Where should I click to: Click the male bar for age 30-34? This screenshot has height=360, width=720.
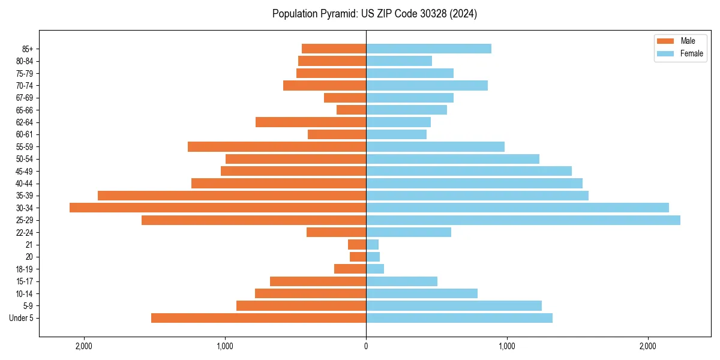coord(218,208)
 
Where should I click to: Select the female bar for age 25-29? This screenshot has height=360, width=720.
coord(523,220)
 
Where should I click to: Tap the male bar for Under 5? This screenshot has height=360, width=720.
coord(259,318)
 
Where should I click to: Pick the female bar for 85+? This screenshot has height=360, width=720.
coord(428,49)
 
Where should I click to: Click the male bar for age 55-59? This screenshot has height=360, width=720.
coord(277,146)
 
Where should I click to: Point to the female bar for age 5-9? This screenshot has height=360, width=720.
coord(454,305)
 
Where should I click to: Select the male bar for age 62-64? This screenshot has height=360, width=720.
coord(311,122)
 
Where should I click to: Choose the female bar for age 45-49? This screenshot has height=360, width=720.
coord(469,171)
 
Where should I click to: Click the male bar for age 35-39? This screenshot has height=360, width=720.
coord(232,196)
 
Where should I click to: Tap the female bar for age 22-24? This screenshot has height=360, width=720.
coord(409,232)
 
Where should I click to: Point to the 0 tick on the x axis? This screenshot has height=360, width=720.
coord(366,346)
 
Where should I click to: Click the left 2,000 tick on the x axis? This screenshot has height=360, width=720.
coord(83,346)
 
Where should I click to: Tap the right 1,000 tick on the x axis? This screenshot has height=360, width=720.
coord(507,346)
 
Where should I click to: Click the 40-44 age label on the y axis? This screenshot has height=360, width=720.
coord(25,184)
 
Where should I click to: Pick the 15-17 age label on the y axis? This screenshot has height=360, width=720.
coord(25,281)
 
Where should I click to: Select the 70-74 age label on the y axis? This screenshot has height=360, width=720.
coord(25,86)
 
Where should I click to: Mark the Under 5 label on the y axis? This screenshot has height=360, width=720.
coord(22,318)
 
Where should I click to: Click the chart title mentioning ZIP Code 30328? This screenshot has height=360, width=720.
coord(374,14)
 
